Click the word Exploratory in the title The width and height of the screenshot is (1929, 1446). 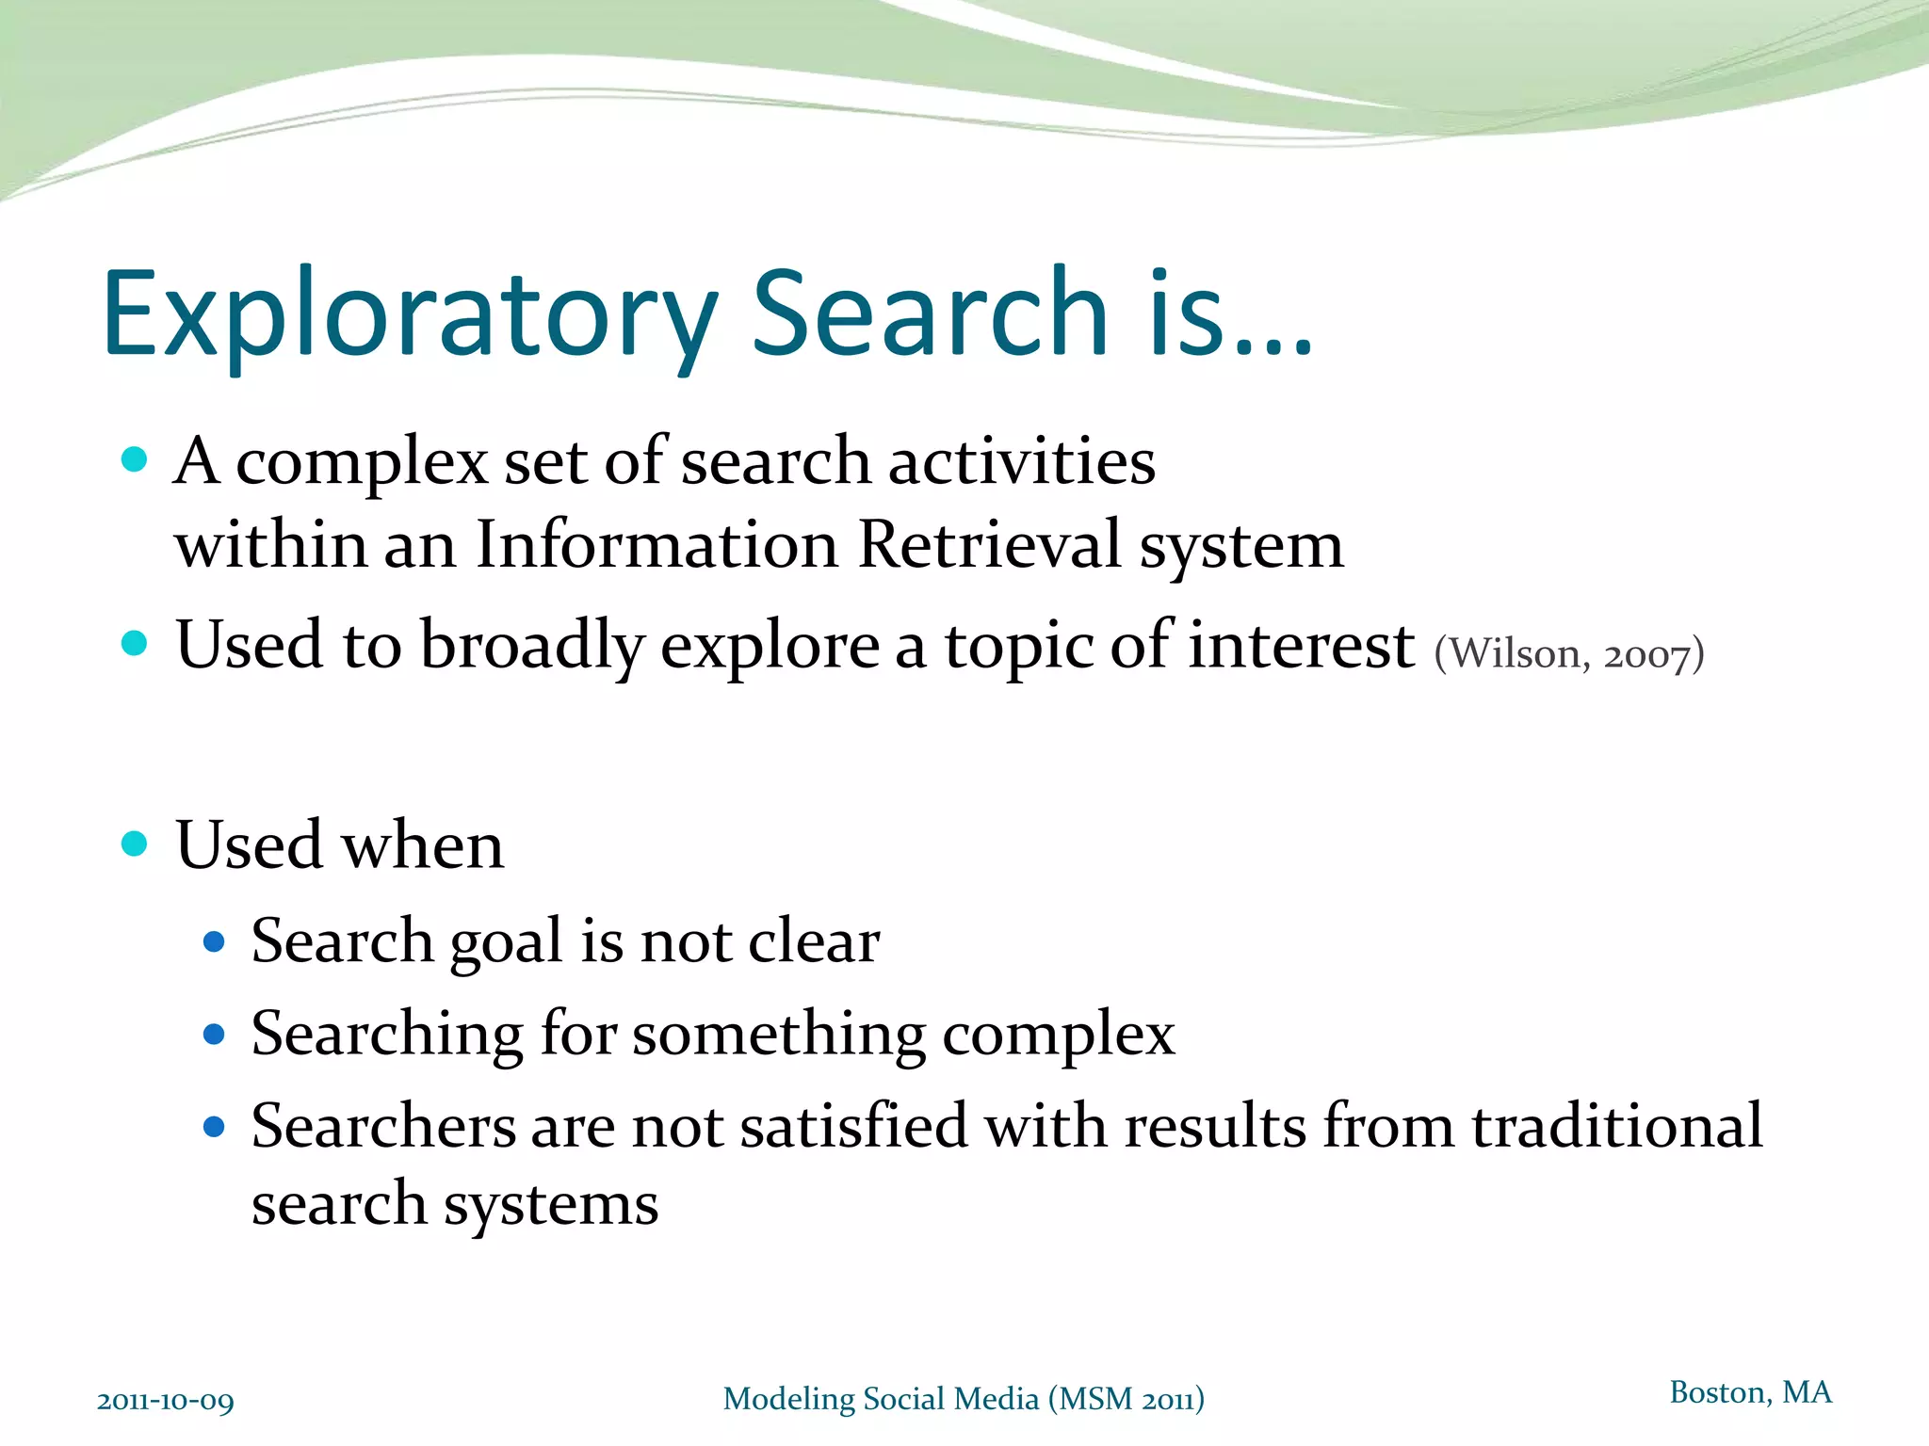[x=410, y=315]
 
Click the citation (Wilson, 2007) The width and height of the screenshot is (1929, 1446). [x=1568, y=653]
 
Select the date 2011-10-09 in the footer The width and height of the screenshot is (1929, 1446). [x=166, y=1401]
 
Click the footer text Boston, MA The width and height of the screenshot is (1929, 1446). [x=1750, y=1392]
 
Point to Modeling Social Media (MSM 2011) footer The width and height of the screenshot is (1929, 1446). [x=963, y=1399]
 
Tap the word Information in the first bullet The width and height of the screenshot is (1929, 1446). [x=657, y=545]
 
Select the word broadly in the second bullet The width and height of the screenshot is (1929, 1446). [x=532, y=648]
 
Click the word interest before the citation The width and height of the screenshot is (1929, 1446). [x=1301, y=646]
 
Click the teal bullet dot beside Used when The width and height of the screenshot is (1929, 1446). [x=135, y=843]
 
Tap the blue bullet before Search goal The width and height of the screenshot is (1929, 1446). [x=214, y=941]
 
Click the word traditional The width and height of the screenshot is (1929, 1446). [x=1616, y=1126]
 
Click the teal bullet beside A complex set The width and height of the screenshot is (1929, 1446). [x=135, y=459]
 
